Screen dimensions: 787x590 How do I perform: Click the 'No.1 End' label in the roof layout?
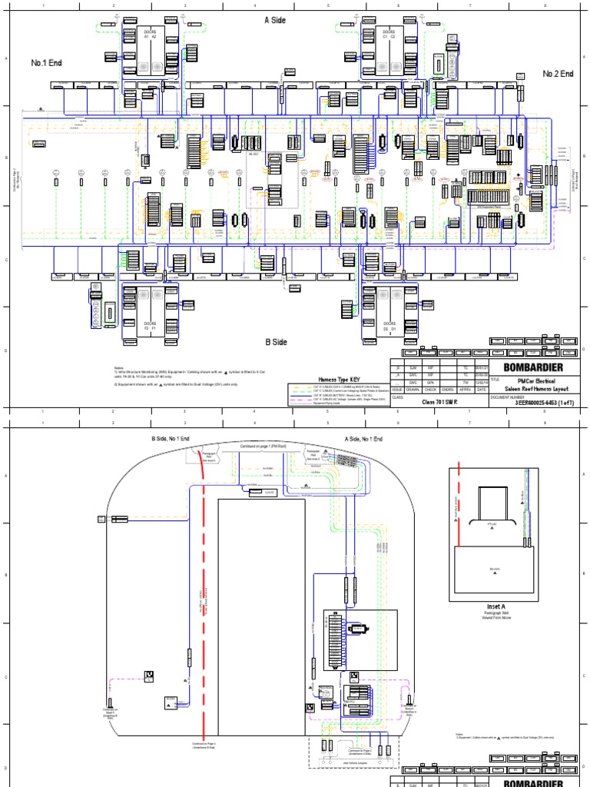46,62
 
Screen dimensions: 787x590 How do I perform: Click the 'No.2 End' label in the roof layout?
559,74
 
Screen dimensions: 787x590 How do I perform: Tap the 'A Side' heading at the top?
274,20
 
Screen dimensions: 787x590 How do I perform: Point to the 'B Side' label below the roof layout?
276,342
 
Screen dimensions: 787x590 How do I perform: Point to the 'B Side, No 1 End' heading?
170,439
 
